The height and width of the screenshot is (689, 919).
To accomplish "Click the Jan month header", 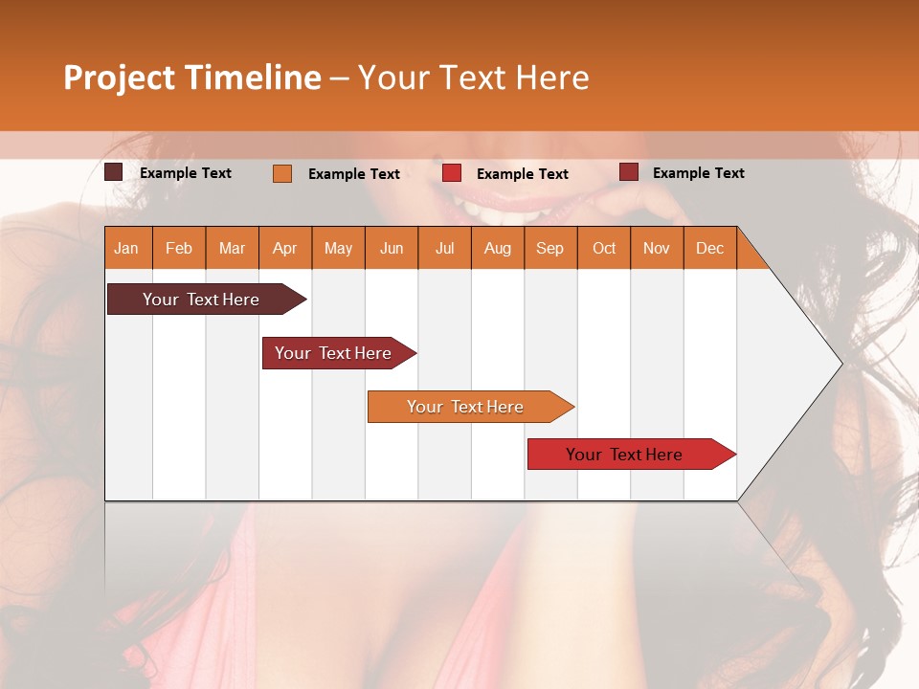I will click(x=127, y=248).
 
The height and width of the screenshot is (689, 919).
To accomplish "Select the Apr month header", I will click(x=285, y=248).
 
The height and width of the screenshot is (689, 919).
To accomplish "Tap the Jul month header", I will click(x=444, y=248).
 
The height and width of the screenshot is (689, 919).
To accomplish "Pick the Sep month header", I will click(x=550, y=248).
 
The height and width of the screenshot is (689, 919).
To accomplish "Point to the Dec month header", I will click(x=709, y=248).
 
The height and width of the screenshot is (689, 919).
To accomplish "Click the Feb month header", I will click(x=179, y=248).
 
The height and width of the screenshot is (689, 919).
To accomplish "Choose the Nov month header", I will click(x=657, y=248).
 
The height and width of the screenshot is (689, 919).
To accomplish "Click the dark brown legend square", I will click(x=114, y=172).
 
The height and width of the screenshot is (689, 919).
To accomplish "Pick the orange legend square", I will click(x=282, y=173).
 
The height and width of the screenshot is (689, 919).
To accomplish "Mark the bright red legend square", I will click(x=452, y=173).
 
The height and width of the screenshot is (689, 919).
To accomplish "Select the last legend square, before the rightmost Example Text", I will click(x=629, y=172).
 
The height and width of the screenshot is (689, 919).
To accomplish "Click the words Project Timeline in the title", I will click(x=192, y=78).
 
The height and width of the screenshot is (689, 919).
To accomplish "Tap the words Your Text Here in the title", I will click(x=474, y=78).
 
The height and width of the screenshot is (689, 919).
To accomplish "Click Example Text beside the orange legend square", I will click(x=354, y=174).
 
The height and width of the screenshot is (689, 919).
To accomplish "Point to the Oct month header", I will click(x=604, y=248).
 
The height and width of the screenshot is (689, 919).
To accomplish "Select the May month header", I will click(x=338, y=248).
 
